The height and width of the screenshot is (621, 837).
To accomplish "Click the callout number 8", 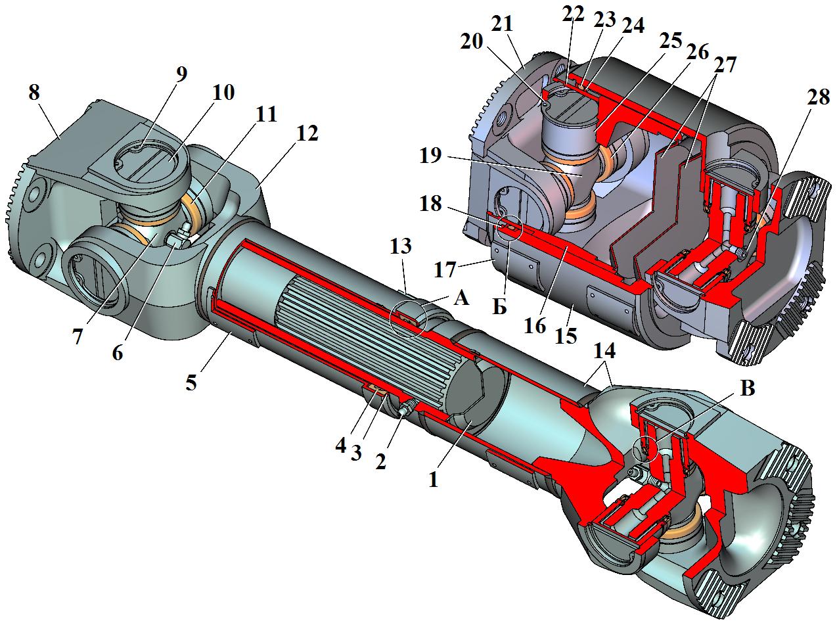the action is tap(34, 93).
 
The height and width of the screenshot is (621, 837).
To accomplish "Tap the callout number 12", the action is tap(307, 133).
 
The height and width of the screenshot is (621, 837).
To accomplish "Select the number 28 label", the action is tap(819, 97).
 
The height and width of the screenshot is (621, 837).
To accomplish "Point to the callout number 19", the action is tap(430, 155).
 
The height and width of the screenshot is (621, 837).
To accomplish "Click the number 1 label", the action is tap(434, 480).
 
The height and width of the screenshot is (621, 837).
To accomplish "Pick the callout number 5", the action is tap(191, 383).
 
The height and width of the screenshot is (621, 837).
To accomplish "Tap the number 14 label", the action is tap(604, 351).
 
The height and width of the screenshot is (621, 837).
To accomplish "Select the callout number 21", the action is tap(503, 25).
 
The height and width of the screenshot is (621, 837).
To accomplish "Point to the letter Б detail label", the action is tap(500, 308).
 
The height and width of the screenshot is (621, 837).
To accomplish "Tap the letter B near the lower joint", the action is tap(748, 388).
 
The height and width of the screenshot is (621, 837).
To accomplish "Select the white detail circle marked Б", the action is tap(509, 227).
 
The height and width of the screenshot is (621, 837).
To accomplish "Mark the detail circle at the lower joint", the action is tap(645, 449).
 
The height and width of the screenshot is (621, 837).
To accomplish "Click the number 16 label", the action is tap(535, 325).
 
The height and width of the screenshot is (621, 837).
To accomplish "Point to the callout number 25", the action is tap(671, 40).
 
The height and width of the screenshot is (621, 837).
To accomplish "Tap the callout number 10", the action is tap(223, 92).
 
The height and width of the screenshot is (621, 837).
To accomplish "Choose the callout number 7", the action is tap(78, 337).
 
